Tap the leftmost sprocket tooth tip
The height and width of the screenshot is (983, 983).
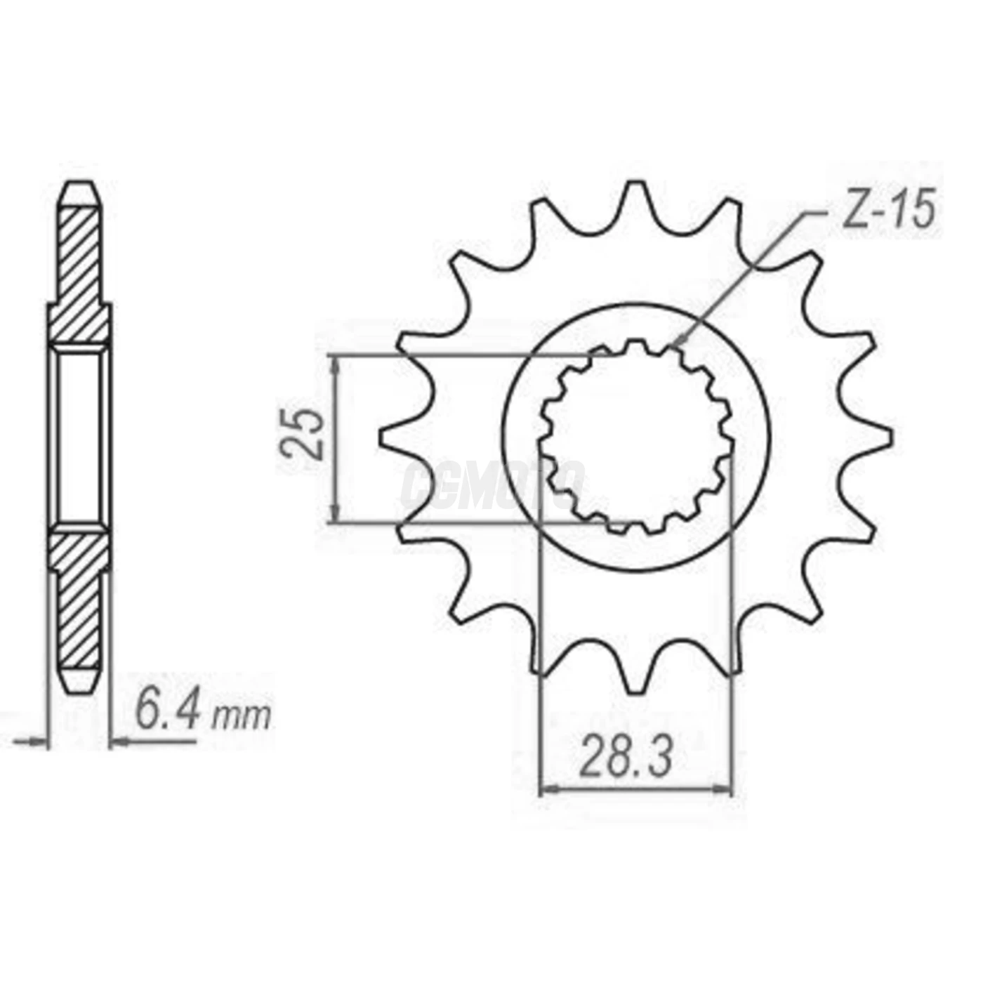click(x=383, y=437)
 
